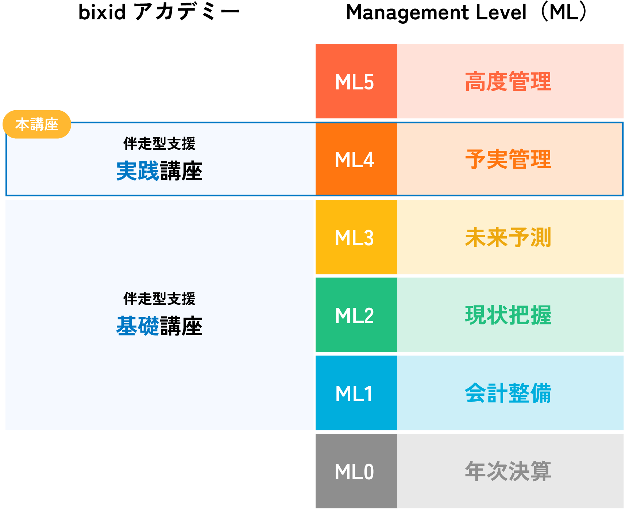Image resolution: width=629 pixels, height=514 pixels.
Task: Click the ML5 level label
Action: pyautogui.click(x=354, y=82)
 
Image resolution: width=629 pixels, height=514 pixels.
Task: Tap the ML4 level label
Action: pyautogui.click(x=354, y=160)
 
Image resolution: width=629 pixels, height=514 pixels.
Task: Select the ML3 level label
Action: pyautogui.click(x=354, y=238)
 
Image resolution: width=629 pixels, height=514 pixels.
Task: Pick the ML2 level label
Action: pyautogui.click(x=354, y=315)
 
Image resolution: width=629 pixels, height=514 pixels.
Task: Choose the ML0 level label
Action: pyautogui.click(x=354, y=472)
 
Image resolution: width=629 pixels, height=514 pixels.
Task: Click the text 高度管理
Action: pyautogui.click(x=508, y=82)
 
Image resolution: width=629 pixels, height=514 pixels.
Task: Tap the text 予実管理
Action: pyautogui.click(x=508, y=160)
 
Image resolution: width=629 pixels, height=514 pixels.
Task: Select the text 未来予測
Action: pyautogui.click(x=508, y=238)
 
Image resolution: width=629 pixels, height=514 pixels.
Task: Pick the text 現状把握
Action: pyautogui.click(x=508, y=315)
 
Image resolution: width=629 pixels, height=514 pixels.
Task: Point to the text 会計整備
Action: pyautogui.click(x=508, y=393)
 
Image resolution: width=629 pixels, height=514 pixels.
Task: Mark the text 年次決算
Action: pyautogui.click(x=508, y=471)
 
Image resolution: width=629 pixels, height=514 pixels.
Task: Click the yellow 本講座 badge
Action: pyautogui.click(x=37, y=124)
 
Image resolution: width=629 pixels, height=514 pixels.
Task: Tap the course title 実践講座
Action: pyautogui.click(x=159, y=171)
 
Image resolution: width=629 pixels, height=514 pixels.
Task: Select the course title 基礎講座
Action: pyautogui.click(x=159, y=326)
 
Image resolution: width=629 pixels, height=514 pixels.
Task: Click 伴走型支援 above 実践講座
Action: pyautogui.click(x=159, y=143)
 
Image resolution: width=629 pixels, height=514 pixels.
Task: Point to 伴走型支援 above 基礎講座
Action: pyautogui.click(x=159, y=299)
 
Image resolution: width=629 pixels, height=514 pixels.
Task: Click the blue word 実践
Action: pyautogui.click(x=138, y=171)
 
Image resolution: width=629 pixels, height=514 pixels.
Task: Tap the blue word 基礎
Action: pyautogui.click(x=138, y=326)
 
